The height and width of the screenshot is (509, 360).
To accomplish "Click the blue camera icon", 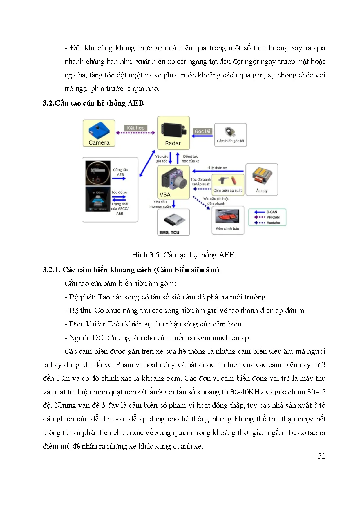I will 99,130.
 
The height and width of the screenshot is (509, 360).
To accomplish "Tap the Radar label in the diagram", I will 173,143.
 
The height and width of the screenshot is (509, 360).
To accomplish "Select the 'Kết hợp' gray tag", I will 135,128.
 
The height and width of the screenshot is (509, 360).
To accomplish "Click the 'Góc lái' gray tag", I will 202,131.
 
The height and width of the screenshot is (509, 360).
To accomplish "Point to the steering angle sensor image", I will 230,132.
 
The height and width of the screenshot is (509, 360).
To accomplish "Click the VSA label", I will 165,195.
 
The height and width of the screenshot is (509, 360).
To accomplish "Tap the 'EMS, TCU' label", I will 169,232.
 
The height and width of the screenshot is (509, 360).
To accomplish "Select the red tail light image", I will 228,216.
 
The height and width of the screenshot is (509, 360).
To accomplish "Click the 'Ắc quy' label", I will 262,191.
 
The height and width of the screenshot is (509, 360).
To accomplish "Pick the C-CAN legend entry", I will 272,212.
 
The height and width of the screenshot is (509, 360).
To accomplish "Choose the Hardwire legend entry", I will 273,223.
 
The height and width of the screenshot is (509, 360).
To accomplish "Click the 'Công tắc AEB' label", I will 120,172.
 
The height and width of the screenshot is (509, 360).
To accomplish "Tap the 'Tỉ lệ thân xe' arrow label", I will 217,168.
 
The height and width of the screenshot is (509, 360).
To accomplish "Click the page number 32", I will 321,456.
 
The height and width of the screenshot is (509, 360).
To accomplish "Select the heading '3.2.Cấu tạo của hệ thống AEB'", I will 93,103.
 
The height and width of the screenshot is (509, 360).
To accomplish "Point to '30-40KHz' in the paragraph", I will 247,392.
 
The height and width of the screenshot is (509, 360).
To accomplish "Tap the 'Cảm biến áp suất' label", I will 227,191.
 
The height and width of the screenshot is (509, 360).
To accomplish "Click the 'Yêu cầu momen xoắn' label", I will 160,204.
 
